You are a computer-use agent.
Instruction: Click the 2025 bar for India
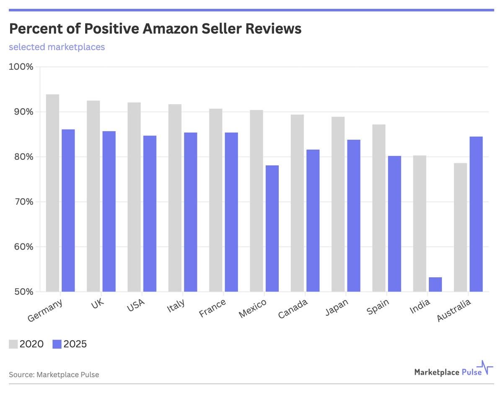tap(435, 284)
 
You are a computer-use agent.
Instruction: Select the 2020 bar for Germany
tap(52, 193)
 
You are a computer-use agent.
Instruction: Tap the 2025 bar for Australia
tap(476, 214)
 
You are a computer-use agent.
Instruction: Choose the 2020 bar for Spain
tap(379, 208)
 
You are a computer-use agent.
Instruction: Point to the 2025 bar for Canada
tap(313, 221)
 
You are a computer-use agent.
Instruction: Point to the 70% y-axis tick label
tap(23, 202)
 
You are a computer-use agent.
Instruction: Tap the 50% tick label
tap(23, 291)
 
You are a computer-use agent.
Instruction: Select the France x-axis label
tap(213, 309)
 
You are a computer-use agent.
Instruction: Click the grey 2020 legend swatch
tap(13, 344)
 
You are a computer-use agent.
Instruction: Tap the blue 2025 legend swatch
tap(57, 344)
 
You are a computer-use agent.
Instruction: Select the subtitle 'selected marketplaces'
tap(57, 47)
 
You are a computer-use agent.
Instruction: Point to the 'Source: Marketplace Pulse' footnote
tap(54, 375)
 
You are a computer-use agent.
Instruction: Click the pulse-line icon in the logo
tap(487, 368)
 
